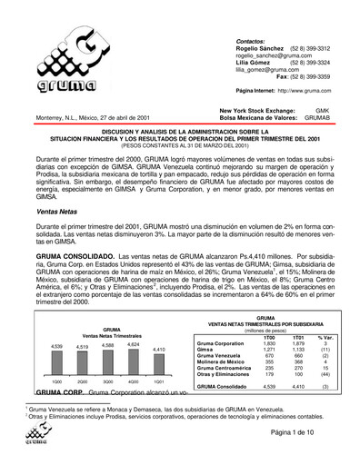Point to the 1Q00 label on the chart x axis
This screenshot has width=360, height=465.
(x=31, y=382)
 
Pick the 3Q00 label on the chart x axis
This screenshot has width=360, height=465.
(x=82, y=382)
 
